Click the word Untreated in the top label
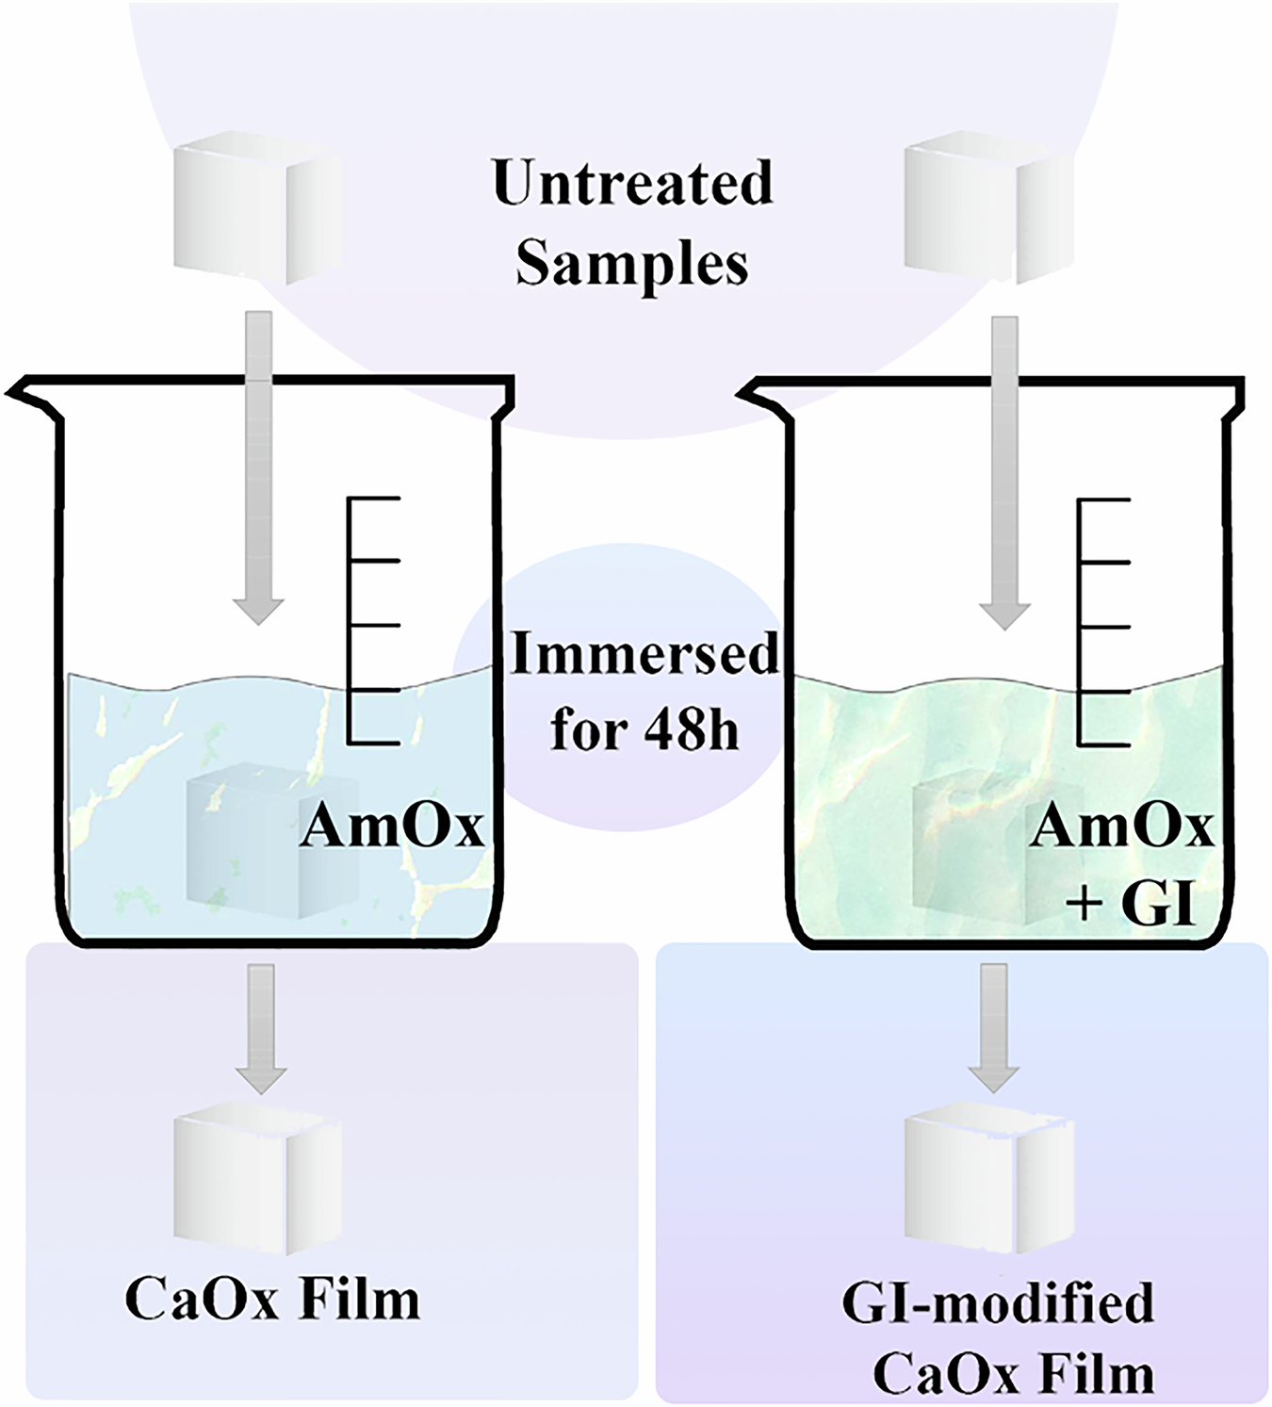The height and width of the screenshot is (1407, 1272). tap(632, 183)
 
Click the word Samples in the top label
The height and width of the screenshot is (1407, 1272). tap(632, 263)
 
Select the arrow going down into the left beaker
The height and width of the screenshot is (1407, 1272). tap(258, 471)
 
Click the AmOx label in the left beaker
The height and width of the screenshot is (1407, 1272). tap(392, 827)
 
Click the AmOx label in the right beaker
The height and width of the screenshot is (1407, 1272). tap(1122, 827)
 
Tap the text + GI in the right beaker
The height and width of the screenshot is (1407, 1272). tap(1131, 906)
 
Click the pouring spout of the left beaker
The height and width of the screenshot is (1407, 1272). tap(28, 394)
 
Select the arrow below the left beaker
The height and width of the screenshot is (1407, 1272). tap(261, 1027)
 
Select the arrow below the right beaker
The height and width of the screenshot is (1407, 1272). tap(994, 1027)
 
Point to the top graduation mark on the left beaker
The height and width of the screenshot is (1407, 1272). tap(375, 498)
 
